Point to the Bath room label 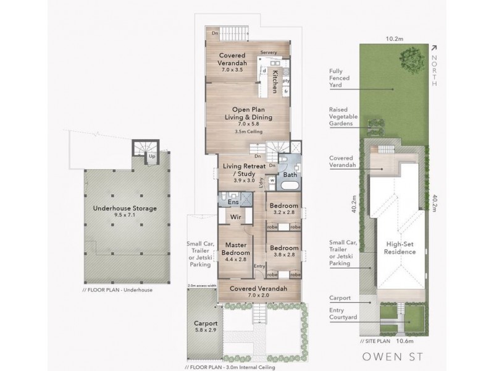(x=290, y=175)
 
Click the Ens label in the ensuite (x=233, y=202)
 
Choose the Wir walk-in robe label (x=235, y=218)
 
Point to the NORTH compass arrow (x=434, y=47)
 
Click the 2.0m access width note (x=202, y=286)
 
